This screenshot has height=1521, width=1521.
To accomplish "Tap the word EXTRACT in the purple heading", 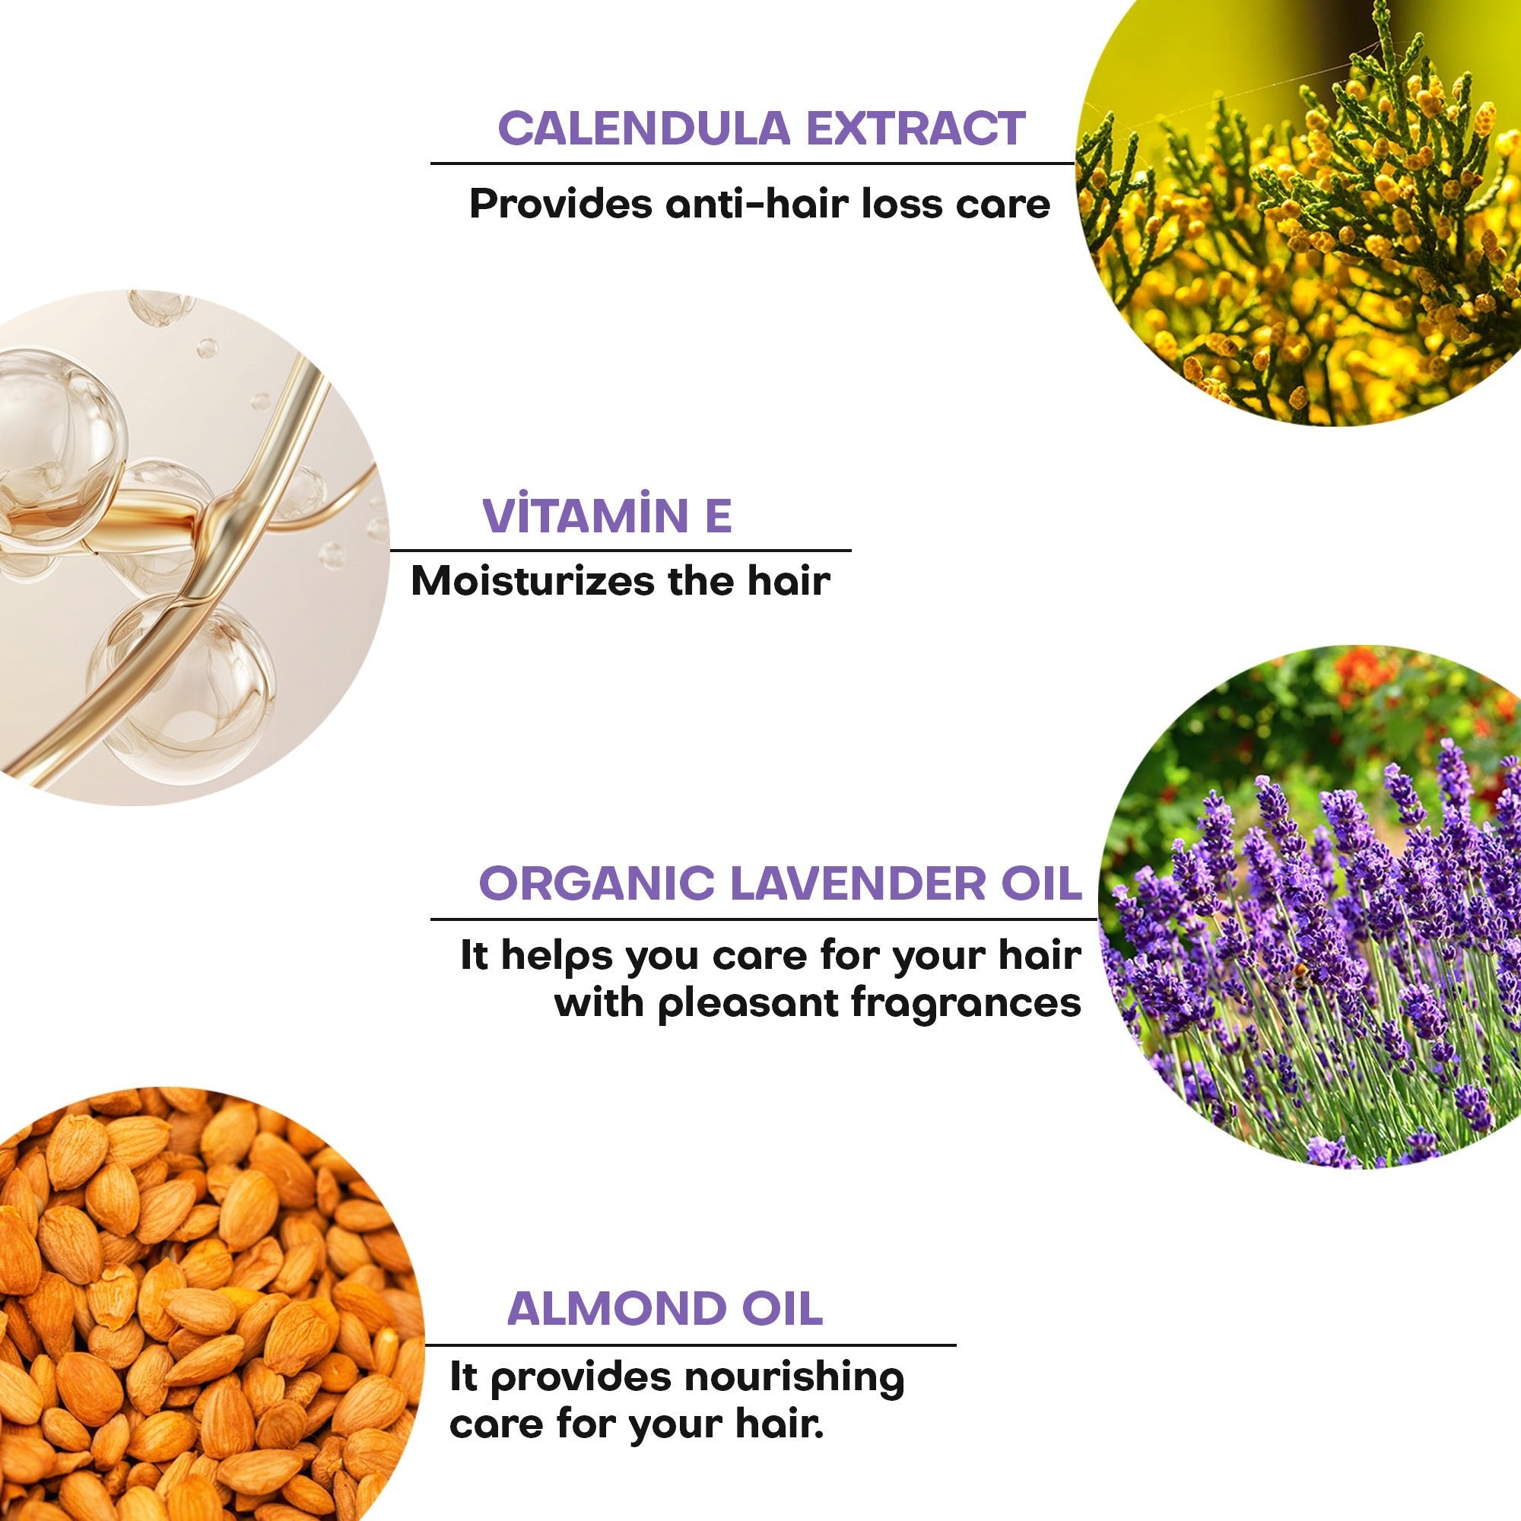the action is pos(916,129).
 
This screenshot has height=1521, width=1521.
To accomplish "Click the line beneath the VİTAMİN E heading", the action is pos(621,551).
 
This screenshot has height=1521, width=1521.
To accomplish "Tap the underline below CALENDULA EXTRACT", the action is pos(753,164).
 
